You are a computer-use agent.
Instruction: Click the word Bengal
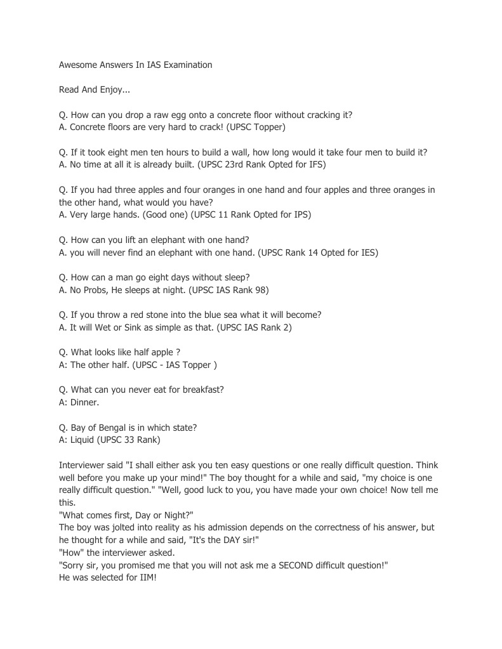click(110, 427)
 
